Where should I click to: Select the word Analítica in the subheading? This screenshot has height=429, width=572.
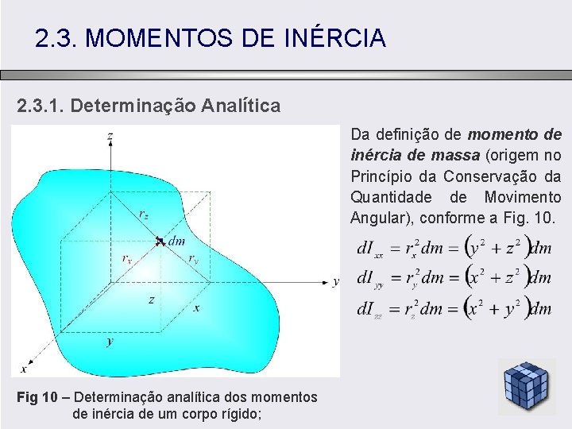(241, 105)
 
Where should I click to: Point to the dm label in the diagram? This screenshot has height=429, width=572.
(177, 241)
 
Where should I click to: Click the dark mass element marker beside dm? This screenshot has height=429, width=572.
(160, 240)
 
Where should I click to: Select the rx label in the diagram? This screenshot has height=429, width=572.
(127, 257)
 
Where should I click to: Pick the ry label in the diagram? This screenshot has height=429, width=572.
(193, 257)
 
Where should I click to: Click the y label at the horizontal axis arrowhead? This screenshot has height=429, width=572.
(336, 280)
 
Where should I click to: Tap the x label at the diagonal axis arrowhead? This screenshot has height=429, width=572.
(23, 369)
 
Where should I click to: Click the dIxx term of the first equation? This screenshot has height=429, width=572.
(369, 249)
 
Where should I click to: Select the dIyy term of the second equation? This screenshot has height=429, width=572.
(369, 279)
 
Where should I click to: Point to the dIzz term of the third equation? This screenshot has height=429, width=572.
(369, 309)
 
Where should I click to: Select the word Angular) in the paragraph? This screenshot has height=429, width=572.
(378, 218)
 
